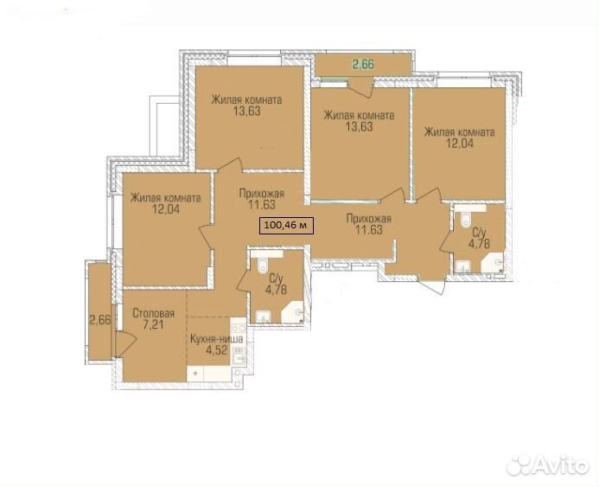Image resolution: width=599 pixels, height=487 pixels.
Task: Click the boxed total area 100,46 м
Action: click(x=286, y=225)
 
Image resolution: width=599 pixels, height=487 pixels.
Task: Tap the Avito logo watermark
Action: click(x=547, y=465)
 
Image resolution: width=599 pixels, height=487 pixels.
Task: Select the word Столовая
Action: click(x=154, y=313)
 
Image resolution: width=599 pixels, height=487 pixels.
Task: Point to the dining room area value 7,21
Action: click(x=154, y=325)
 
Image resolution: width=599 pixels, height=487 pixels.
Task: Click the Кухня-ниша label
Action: click(x=216, y=338)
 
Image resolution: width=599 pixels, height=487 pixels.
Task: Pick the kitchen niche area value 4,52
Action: click(x=217, y=349)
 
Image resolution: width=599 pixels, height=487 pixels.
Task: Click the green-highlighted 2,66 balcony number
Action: click(x=363, y=64)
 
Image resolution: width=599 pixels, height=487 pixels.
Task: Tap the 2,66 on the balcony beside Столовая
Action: click(x=100, y=319)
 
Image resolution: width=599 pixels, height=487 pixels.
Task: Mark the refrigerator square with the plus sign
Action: click(x=195, y=374)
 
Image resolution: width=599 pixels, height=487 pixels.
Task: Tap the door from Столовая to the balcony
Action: click(x=125, y=345)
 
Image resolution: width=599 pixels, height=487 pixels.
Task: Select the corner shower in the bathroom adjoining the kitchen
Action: click(x=292, y=312)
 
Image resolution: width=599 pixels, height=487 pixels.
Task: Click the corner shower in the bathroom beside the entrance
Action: click(x=493, y=262)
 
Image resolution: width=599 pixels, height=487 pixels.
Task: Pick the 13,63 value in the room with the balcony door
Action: click(x=359, y=126)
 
